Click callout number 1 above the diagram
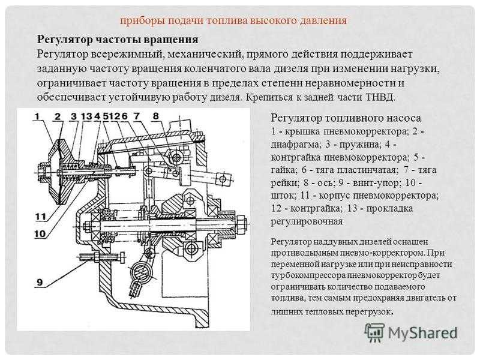pos(37,116)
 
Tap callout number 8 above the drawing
pos(156,116)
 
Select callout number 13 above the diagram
pos(86,116)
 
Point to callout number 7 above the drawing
pos(137,116)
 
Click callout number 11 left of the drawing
pos(41,217)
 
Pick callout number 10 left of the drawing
pos(40,234)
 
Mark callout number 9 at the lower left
pos(40,282)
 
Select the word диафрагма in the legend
pos(294,145)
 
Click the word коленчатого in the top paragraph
pos(214,68)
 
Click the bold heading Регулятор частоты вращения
pos(118,40)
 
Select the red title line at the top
pos(233,20)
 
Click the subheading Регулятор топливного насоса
pos(346,118)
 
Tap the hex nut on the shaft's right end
pos(241,224)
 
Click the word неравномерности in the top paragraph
pos(349,83)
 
